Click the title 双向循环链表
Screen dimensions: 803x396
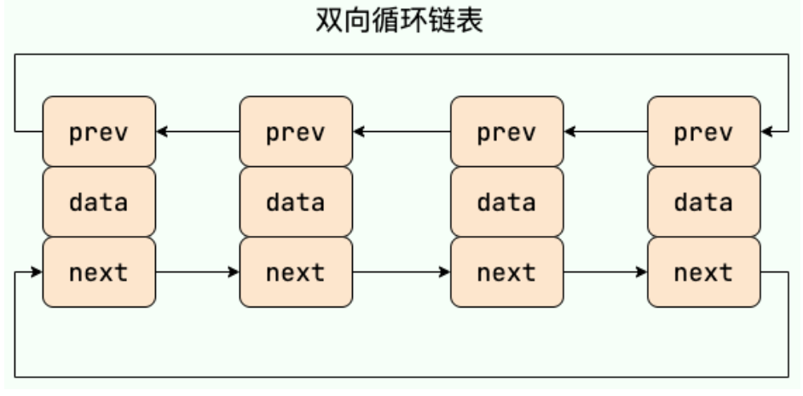point(400,21)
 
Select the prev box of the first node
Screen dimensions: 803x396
point(99,131)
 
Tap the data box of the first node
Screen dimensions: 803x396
point(99,202)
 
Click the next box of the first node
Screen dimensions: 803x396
point(99,273)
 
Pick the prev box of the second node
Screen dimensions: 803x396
point(296,131)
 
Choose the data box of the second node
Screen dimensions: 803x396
point(296,202)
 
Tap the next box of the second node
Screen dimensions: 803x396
point(296,273)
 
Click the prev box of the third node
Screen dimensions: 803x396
point(507,131)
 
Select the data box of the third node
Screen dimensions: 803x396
point(507,202)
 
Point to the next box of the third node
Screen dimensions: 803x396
point(507,273)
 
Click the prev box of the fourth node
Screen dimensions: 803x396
point(704,131)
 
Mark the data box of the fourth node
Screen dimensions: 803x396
point(704,202)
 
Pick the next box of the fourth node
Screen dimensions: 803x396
point(704,273)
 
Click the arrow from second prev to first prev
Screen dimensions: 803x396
point(198,131)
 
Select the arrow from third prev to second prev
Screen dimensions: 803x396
point(402,131)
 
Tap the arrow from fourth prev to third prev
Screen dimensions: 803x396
point(606,131)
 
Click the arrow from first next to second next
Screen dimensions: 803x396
point(198,273)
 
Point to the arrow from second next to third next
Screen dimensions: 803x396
point(402,273)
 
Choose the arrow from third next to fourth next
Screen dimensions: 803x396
point(606,273)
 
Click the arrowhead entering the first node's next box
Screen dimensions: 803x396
point(37,273)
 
